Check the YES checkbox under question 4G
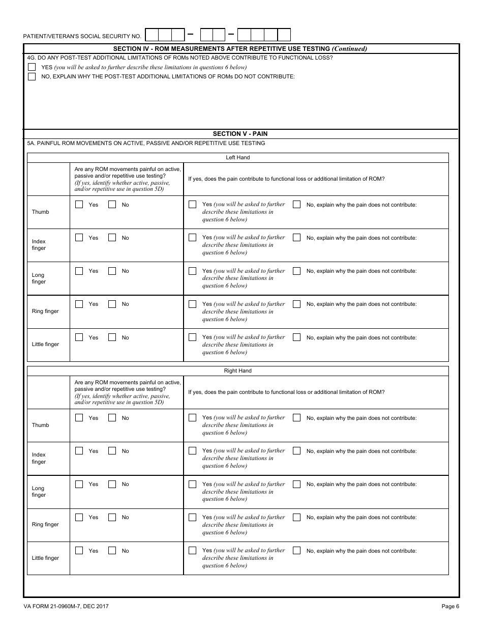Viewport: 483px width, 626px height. [32, 67]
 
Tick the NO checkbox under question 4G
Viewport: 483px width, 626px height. [32, 77]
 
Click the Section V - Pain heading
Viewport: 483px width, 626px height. [240, 134]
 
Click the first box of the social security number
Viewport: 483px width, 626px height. [152, 35]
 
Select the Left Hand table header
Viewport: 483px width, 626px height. [237, 158]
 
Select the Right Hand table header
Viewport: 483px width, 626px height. [237, 371]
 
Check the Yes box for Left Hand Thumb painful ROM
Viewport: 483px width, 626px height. [79, 205]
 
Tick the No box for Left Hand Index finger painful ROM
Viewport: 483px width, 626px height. [112, 238]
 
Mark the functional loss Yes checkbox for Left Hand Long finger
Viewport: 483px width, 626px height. [192, 271]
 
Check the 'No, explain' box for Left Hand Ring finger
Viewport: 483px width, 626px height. [297, 304]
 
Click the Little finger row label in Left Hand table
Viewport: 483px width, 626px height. [45, 345]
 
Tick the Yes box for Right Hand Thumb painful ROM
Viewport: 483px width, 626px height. [79, 418]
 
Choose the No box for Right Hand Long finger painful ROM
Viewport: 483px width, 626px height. [112, 484]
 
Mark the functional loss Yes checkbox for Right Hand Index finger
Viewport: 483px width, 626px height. [192, 451]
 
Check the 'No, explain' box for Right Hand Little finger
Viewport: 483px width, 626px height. [297, 551]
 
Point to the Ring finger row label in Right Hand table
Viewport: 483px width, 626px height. [45, 525]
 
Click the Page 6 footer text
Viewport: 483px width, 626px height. [450, 606]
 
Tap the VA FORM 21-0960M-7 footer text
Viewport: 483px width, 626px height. [66, 606]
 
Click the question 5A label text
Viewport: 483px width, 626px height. [146, 144]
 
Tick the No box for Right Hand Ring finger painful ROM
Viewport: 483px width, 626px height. [112, 518]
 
